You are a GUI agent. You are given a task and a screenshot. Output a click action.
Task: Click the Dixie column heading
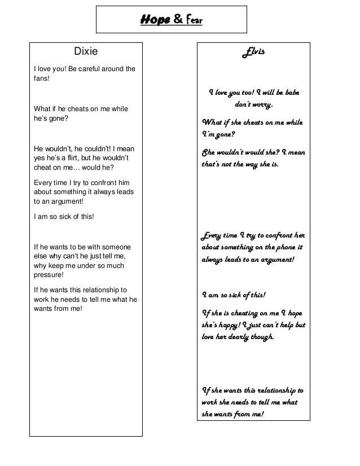86,52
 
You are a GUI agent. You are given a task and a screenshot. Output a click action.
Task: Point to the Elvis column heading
253,52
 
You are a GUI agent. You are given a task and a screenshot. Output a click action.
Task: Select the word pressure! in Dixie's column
49,275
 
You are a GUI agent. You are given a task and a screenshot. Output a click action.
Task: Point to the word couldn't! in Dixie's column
97,148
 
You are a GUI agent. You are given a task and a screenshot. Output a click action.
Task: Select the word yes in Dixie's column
41,158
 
